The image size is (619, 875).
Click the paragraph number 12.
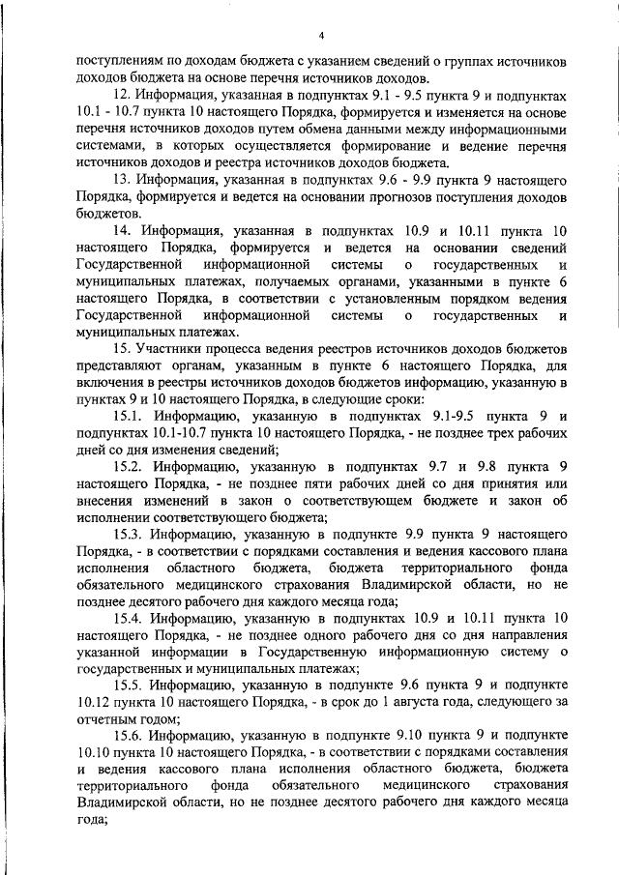(123, 96)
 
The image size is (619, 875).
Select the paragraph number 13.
(123, 180)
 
